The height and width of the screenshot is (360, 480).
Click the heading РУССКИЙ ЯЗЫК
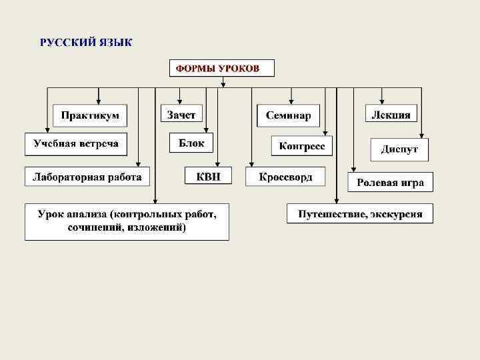[x=86, y=43]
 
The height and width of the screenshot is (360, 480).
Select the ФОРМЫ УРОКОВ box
[x=222, y=68]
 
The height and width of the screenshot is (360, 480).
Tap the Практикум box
[x=90, y=115]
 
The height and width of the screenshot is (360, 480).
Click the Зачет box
[x=181, y=115]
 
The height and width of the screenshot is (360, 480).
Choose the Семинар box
[x=288, y=116]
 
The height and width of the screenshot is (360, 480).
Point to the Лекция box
[x=392, y=115]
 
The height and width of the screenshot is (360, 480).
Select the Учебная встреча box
[x=76, y=144]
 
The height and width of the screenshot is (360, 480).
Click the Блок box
[x=191, y=143]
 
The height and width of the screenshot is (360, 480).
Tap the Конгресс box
[x=302, y=146]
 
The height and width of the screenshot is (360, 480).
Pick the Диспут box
[x=399, y=149]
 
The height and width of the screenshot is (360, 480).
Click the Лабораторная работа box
[x=87, y=177]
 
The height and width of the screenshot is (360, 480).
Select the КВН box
[x=209, y=177]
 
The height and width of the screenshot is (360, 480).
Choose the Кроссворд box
[x=285, y=177]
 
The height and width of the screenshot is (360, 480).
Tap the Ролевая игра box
[x=390, y=183]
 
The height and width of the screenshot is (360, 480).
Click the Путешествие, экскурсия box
[x=360, y=215]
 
